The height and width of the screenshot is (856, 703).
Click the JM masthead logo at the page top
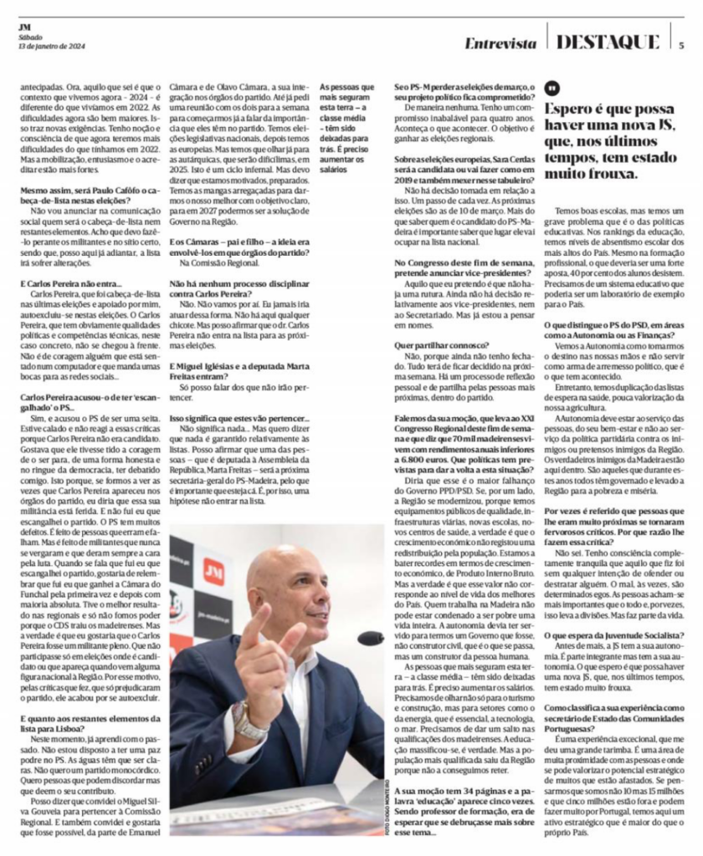coord(24,26)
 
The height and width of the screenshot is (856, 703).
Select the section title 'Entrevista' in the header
coord(500,42)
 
